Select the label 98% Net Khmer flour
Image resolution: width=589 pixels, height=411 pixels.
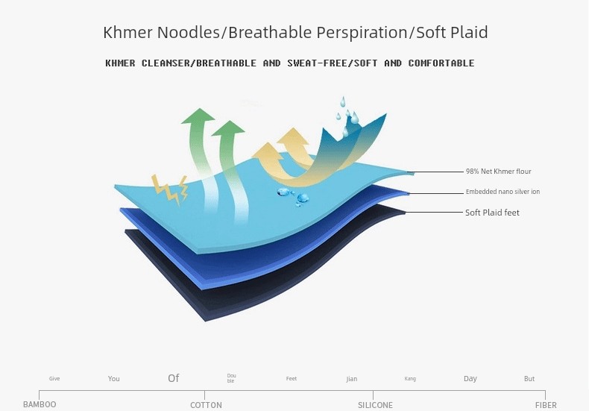[499, 172]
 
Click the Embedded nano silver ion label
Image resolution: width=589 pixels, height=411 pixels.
[503, 192]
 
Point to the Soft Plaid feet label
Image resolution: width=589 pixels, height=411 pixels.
[492, 213]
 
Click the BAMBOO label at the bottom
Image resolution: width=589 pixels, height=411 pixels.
[40, 404]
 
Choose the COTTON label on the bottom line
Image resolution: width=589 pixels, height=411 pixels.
[206, 405]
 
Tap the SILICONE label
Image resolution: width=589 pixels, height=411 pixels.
[375, 405]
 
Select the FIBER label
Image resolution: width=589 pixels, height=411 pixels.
[546, 405]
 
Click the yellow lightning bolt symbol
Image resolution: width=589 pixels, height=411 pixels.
[170, 189]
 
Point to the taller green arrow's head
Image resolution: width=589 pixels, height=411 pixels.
[198, 116]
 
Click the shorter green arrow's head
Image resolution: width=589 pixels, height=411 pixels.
[228, 128]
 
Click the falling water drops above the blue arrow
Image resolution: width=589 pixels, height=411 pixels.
[347, 115]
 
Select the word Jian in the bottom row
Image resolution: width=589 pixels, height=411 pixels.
[352, 379]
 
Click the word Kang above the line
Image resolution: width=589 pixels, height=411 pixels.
[410, 378]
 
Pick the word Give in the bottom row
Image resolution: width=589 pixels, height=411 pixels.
[54, 378]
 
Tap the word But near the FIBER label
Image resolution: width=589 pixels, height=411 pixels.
[529, 379]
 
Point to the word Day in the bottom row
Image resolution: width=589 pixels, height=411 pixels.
[470, 378]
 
